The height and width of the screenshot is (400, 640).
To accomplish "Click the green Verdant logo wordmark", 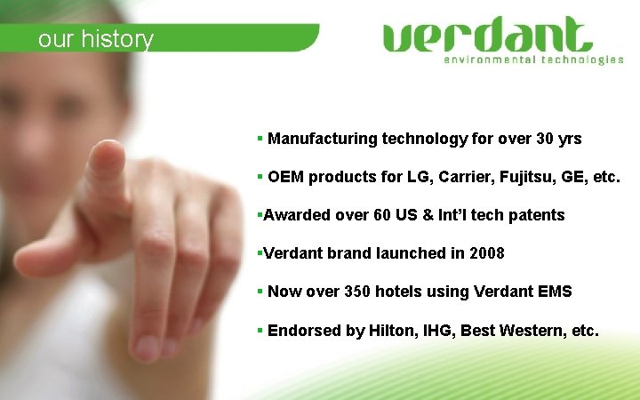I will pyautogui.click(x=487, y=36).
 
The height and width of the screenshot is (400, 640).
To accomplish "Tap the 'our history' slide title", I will pyautogui.click(x=96, y=39).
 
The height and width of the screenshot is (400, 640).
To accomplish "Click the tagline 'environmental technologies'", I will pyautogui.click(x=533, y=60).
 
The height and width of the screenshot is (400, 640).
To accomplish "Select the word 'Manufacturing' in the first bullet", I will pyautogui.click(x=323, y=139).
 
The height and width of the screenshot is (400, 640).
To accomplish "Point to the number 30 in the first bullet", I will pyautogui.click(x=546, y=139).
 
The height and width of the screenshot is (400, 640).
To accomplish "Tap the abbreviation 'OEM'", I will pyautogui.click(x=286, y=177).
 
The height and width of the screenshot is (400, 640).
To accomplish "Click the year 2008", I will pyautogui.click(x=486, y=253).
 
